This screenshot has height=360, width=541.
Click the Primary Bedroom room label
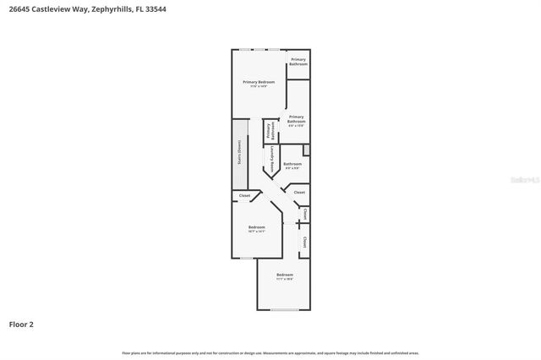[x=259, y=82]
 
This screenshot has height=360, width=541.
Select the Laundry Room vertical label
[x=271, y=158]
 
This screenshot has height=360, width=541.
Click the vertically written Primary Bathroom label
[x=270, y=131]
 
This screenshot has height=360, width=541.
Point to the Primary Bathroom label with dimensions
[x=296, y=119]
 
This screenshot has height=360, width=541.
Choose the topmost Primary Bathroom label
[x=298, y=61]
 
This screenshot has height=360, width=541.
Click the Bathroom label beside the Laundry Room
[x=292, y=164]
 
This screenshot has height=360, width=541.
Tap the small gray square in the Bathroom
[x=306, y=150]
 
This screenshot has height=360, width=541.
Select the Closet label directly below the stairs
[x=244, y=195]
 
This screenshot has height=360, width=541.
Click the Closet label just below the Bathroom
[x=299, y=193]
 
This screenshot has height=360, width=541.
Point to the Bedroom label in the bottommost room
[x=285, y=275]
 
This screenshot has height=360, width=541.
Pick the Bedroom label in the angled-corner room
[x=257, y=226]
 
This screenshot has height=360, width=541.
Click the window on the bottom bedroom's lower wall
[x=285, y=309]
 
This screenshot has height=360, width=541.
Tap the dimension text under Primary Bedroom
[x=259, y=86]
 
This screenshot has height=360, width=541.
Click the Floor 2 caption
[x=21, y=324]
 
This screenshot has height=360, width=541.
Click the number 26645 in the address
[x=20, y=9]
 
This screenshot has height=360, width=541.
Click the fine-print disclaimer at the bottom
[x=270, y=352]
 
